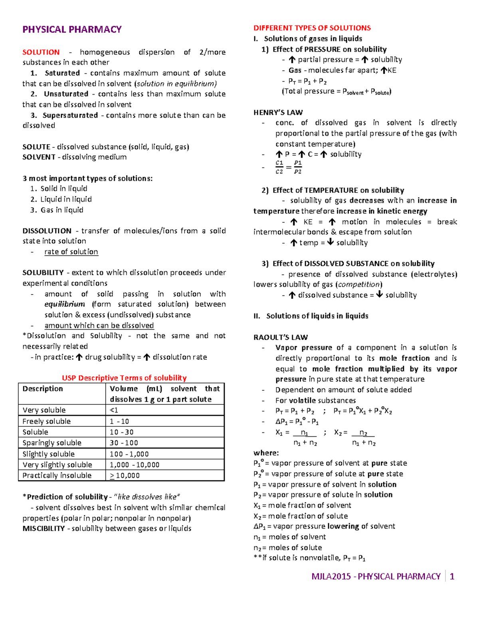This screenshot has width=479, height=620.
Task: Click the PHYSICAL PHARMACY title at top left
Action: (72, 30)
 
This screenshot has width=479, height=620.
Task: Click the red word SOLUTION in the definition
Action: (41, 52)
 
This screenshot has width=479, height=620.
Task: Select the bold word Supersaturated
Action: (70, 115)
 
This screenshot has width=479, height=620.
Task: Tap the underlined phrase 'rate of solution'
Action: (71, 252)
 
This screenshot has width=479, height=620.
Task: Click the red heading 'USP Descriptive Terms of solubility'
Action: (124, 378)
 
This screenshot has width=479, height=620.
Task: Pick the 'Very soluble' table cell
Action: (44, 410)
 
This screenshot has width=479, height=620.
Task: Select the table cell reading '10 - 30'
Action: (122, 432)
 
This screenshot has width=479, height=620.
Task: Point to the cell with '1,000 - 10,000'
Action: (135, 465)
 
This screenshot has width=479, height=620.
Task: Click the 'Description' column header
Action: (43, 389)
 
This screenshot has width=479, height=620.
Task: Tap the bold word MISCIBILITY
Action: (44, 529)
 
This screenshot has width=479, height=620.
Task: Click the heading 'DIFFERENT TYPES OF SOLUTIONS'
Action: (312, 28)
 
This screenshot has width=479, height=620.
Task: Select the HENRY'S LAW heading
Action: (278, 113)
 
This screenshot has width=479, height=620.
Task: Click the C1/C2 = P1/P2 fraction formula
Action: (289, 167)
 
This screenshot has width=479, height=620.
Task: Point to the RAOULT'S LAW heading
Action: (281, 337)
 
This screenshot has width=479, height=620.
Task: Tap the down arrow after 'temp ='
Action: (330, 242)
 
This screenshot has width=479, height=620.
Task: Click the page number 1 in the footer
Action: (452, 576)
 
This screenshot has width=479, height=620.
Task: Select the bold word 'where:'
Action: (266, 453)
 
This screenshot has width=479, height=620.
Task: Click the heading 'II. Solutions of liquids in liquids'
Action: (311, 316)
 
